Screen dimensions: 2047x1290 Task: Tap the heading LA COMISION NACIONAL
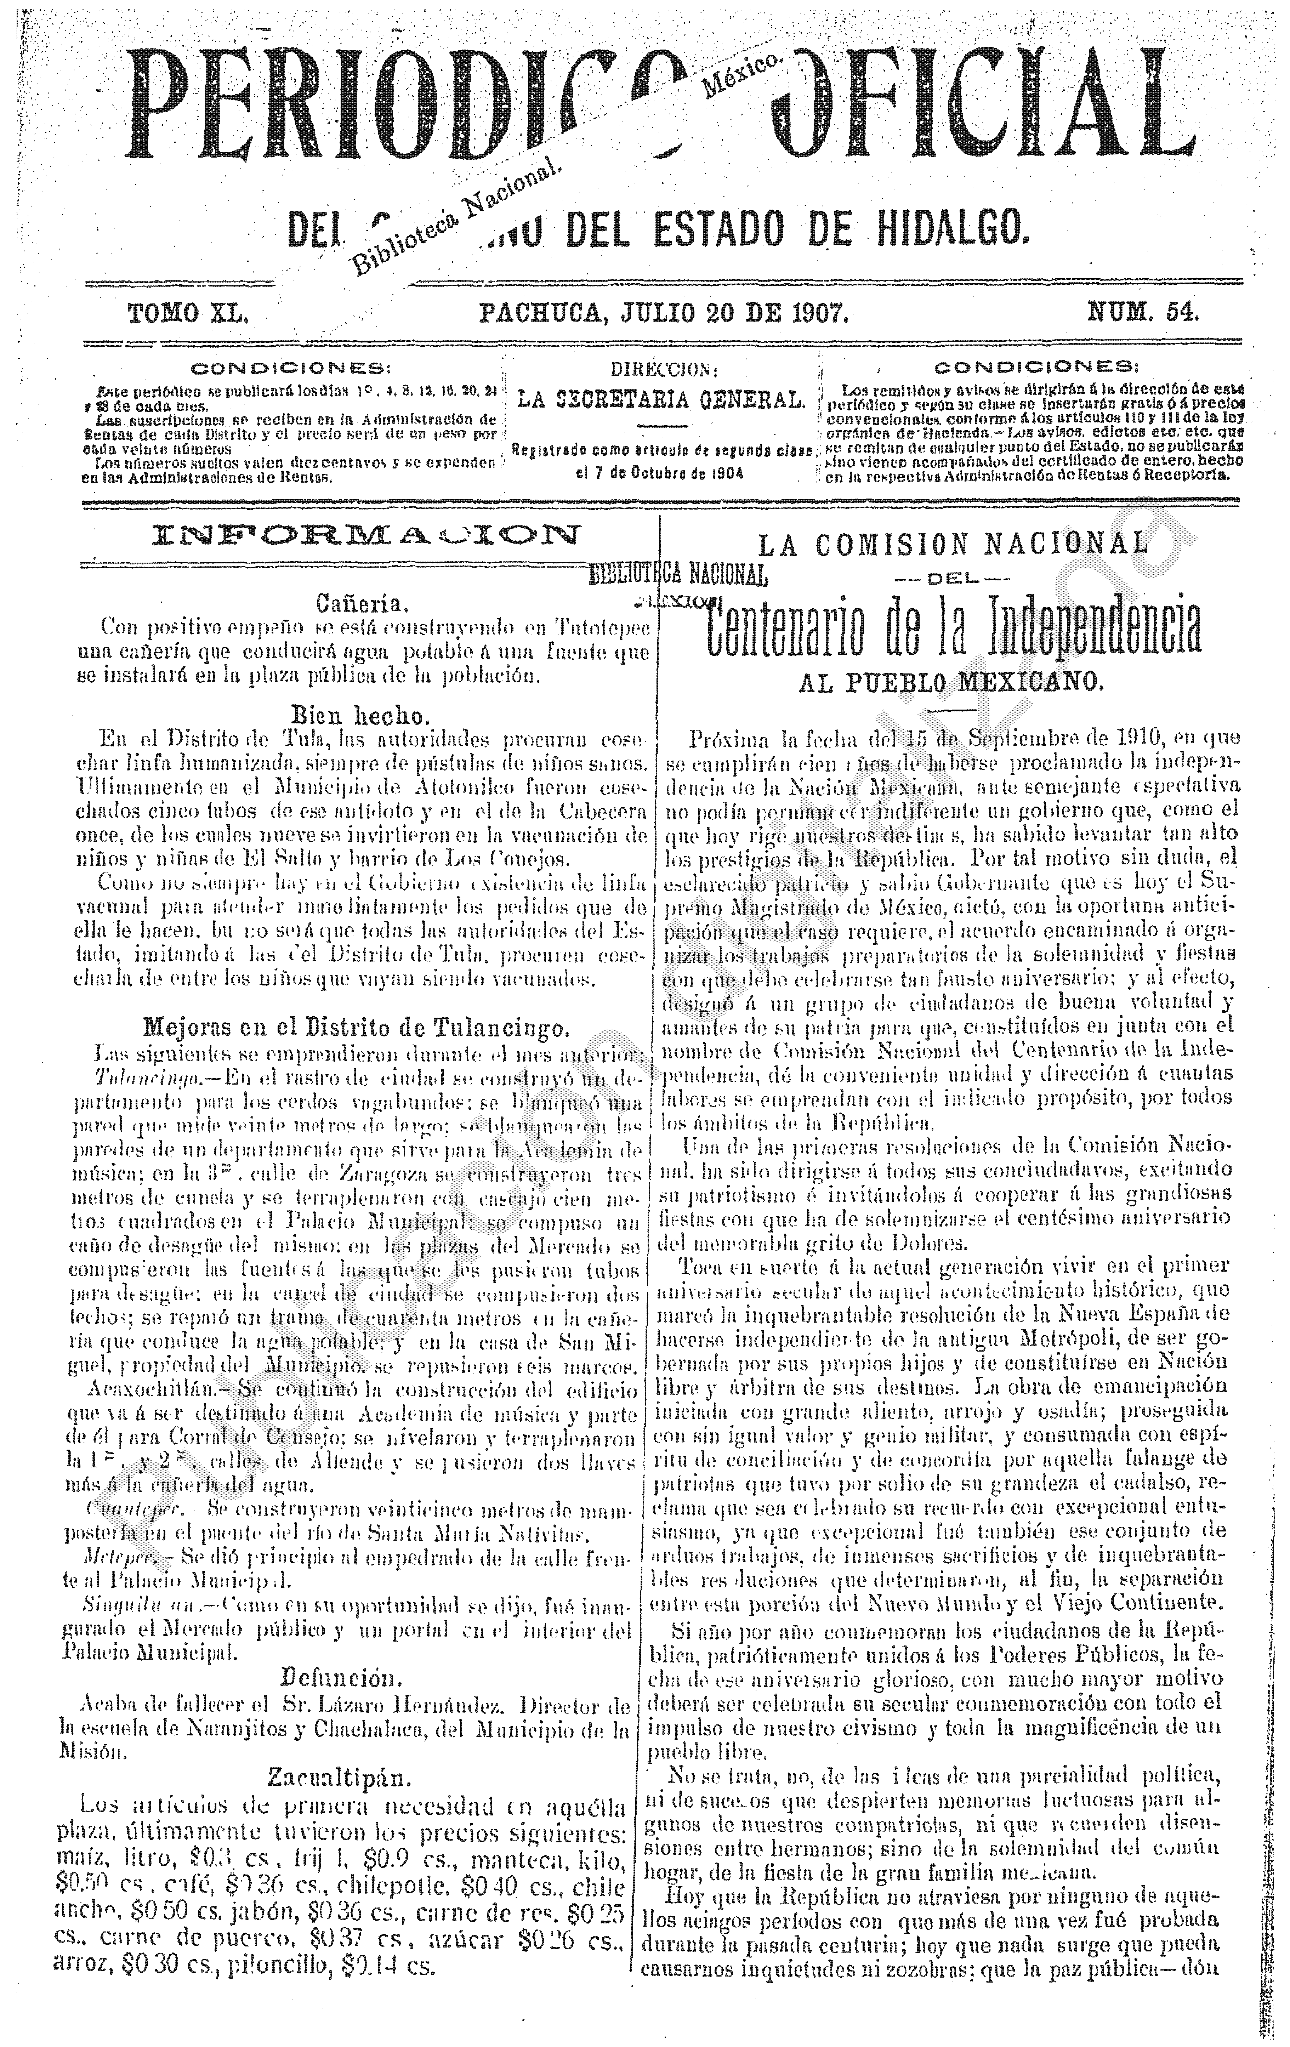pyautogui.click(x=952, y=544)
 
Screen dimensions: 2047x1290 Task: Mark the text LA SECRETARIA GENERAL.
pyautogui.click(x=661, y=399)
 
